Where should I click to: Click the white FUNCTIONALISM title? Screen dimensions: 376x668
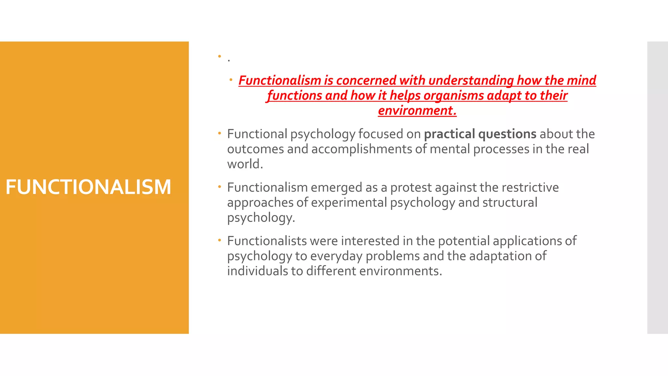coord(88,187)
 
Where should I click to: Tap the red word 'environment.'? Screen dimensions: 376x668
coord(417,111)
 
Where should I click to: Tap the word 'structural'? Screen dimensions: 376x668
coord(510,203)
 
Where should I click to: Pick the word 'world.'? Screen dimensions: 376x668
coord(245,164)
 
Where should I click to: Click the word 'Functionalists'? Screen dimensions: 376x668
coord(267,241)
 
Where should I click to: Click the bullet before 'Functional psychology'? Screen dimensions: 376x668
coord(220,133)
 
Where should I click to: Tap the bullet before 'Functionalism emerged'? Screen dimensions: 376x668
coord(220,187)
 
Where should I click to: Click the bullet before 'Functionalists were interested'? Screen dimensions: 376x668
coord(220,240)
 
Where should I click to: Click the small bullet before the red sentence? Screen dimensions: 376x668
coord(231,80)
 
